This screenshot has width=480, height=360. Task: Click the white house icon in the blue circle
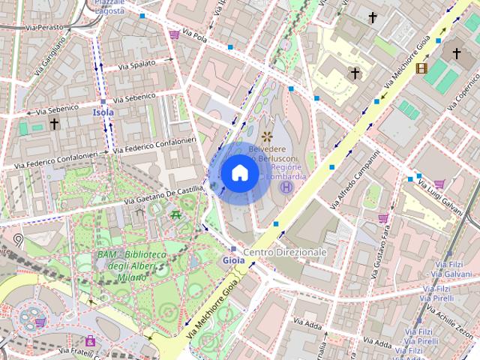(240, 173)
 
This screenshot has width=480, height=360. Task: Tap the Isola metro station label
(103, 112)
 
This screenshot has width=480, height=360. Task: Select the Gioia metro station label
(233, 260)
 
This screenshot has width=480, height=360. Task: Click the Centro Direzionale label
(285, 253)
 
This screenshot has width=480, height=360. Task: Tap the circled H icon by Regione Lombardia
(285, 187)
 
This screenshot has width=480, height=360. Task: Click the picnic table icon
(175, 215)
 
